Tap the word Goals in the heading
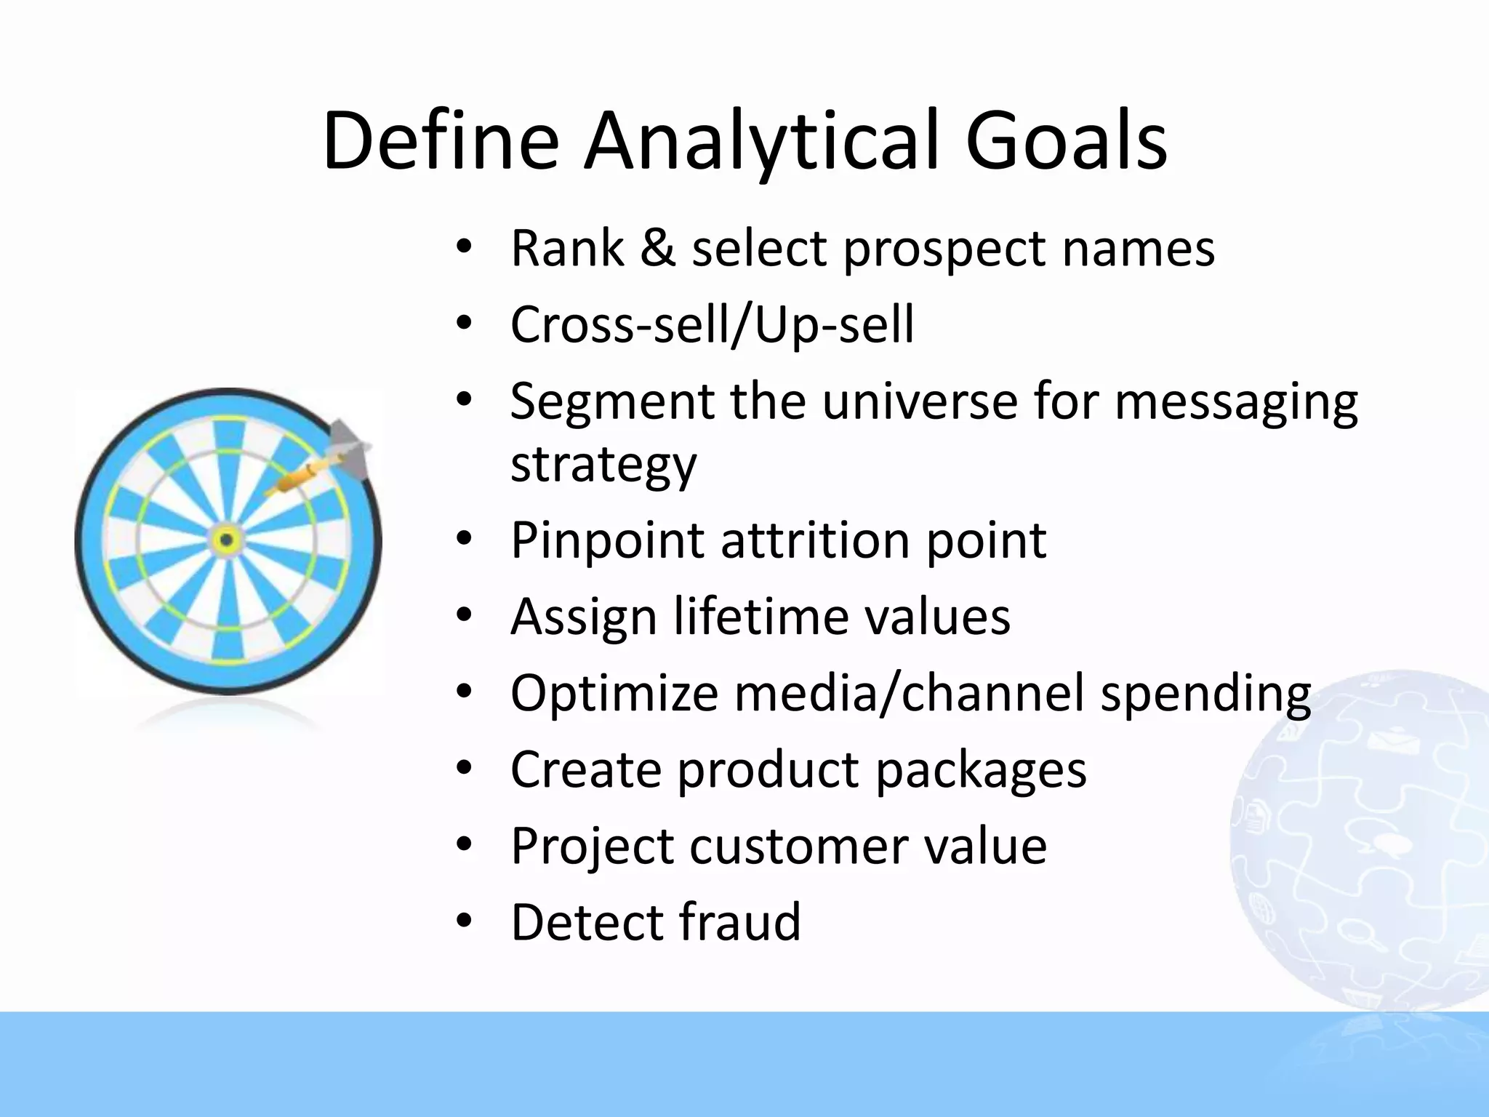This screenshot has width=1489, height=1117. pos(1066,142)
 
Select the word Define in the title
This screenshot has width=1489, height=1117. pos(441,142)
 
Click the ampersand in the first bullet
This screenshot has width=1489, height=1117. pos(657,249)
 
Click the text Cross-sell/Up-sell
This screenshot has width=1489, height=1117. pos(712,325)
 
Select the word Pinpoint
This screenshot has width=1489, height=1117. pos(607,542)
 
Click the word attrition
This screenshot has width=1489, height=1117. pos(814,542)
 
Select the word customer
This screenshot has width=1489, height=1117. pos(798,846)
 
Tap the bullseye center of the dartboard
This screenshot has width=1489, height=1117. pos(226,540)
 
